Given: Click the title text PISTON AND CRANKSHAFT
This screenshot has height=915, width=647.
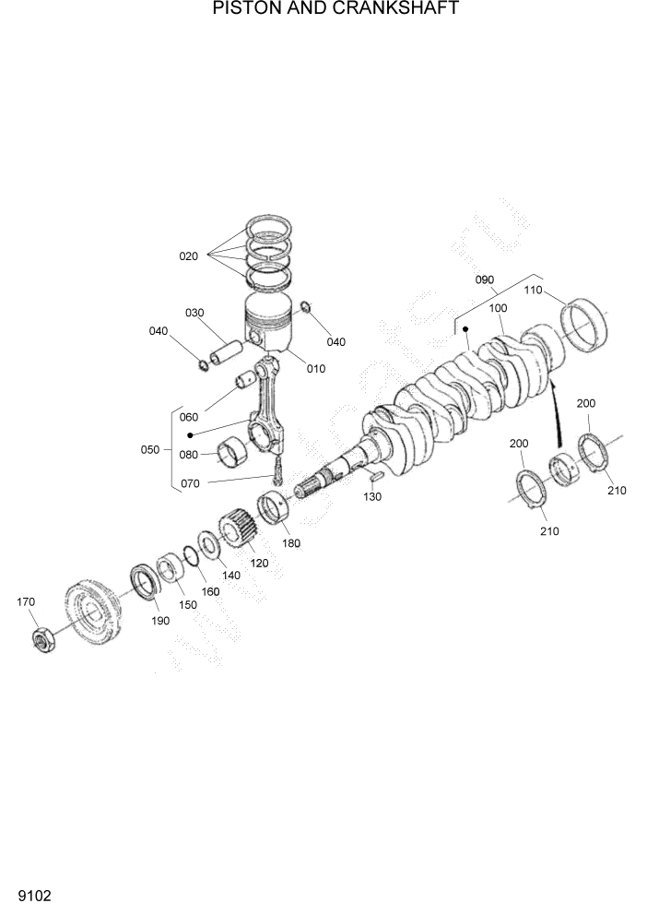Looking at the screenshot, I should (323, 9).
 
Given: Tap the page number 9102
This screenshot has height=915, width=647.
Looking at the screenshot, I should (33, 896).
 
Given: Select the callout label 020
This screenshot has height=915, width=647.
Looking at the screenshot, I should (189, 255).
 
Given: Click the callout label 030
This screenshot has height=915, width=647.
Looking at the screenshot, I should (194, 313).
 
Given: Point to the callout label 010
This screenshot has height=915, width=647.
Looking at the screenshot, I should (316, 369).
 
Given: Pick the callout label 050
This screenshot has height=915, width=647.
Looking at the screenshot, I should (149, 449).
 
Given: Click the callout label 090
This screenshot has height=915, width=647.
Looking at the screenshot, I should (485, 279).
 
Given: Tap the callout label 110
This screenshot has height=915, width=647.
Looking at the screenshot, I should (534, 290).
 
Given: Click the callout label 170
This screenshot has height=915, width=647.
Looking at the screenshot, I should (26, 601).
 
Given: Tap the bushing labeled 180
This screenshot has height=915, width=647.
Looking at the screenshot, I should (275, 508).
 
